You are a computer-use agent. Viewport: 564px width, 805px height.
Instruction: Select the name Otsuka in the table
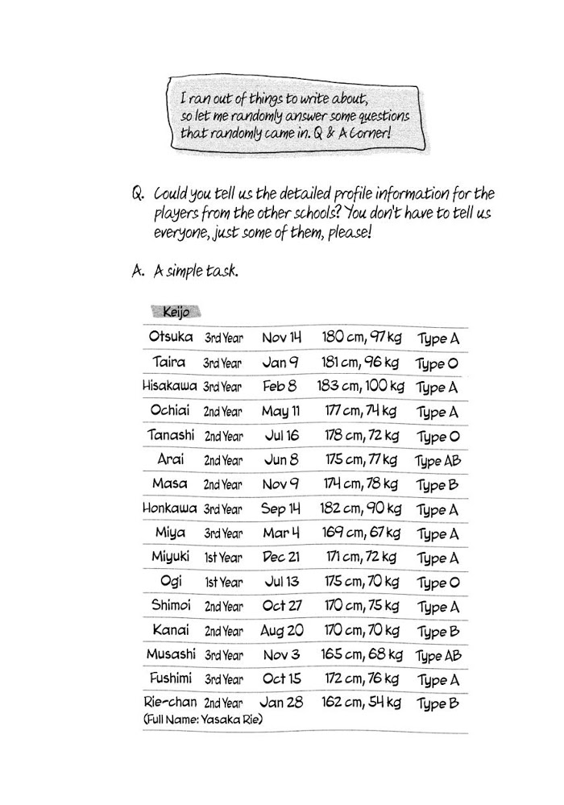[171, 337]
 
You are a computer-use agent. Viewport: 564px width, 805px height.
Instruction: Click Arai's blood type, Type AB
[439, 461]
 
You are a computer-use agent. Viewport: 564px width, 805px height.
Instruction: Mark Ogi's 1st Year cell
[223, 582]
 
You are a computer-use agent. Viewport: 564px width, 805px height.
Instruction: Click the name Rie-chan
[170, 702]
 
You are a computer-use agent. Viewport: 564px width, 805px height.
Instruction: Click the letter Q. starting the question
[136, 195]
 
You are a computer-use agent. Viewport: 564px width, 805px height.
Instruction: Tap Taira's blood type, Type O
[437, 363]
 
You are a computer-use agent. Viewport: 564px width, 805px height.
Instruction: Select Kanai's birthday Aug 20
[282, 630]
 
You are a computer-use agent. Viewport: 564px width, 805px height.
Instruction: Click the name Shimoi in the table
[170, 605]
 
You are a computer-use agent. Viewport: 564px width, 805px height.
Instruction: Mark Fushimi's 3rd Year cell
[223, 679]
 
